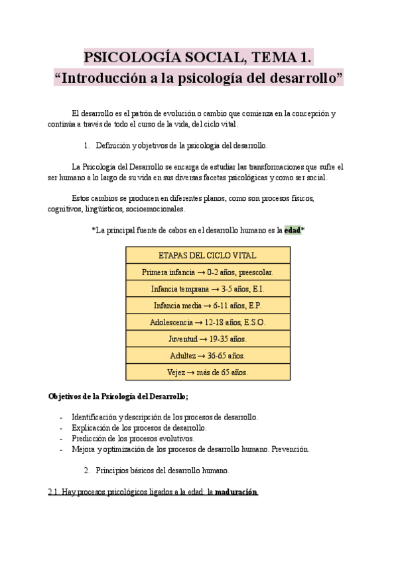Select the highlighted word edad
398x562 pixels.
pyautogui.click(x=292, y=230)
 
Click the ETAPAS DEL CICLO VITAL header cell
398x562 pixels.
pyautogui.click(x=208, y=255)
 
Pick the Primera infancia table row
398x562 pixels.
pyautogui.click(x=208, y=272)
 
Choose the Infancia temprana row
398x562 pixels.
pyautogui.click(x=208, y=289)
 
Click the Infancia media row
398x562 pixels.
pyautogui.click(x=208, y=306)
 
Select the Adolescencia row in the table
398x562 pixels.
pyautogui.click(x=208, y=322)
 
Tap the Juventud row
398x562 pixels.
pyautogui.click(x=208, y=339)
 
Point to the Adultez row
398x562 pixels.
pyautogui.click(x=208, y=355)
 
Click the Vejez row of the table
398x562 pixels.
pyautogui.click(x=208, y=372)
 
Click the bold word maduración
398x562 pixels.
pyautogui.click(x=234, y=492)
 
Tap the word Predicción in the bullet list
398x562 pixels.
pyautogui.click(x=90, y=439)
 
